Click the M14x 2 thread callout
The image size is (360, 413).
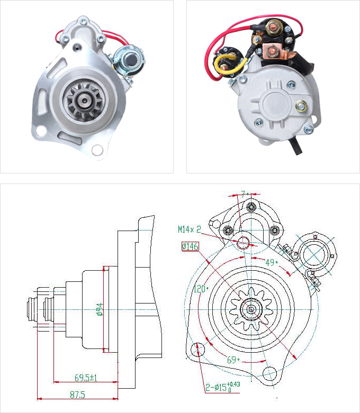click(x=190, y=229)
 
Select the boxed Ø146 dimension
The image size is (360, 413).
click(x=190, y=246)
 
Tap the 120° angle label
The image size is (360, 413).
click(x=200, y=289)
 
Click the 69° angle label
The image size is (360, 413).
click(x=233, y=360)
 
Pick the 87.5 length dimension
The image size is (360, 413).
click(x=77, y=394)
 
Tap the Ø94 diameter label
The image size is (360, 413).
click(x=99, y=309)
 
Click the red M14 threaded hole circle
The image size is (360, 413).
click(x=243, y=243)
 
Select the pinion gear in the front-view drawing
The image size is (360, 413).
click(x=251, y=308)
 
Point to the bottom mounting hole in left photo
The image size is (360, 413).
click(x=97, y=150)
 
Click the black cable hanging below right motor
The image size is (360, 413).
click(x=296, y=146)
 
